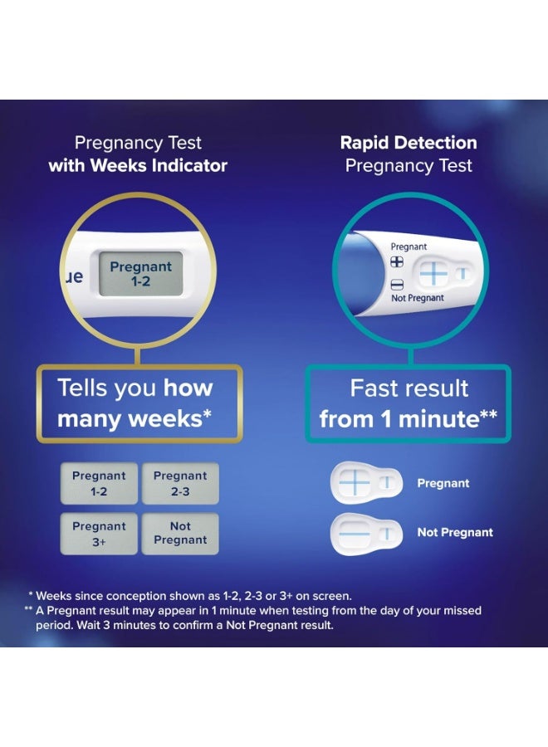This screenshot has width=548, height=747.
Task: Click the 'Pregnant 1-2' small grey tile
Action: [x=99, y=482]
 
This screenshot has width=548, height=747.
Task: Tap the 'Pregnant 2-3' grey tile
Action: [x=180, y=482]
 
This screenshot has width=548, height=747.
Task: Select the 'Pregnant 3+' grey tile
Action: [x=99, y=533]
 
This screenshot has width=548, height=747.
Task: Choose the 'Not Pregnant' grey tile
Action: [x=180, y=533]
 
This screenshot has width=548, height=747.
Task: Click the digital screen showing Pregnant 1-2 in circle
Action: [x=140, y=274]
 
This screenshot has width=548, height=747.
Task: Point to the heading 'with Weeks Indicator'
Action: [x=138, y=165]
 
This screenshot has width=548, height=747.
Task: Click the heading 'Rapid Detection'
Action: [x=409, y=143]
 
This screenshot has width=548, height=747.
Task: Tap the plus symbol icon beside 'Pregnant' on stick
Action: [x=397, y=261]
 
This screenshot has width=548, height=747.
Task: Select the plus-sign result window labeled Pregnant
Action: [x=367, y=482]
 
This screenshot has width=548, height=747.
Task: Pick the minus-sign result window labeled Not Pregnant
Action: [x=367, y=531]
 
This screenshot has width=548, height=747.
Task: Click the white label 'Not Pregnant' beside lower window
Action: [x=455, y=532]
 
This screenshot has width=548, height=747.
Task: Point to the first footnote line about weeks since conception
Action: [x=190, y=595]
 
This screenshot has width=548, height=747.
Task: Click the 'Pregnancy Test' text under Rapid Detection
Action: [x=409, y=165]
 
